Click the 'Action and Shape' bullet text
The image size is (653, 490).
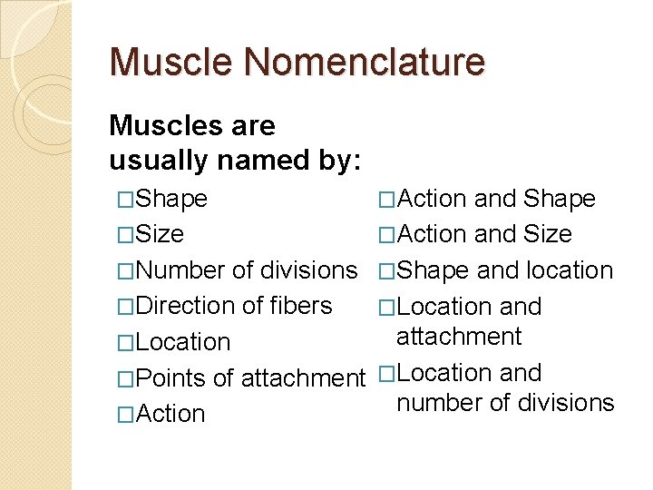[x=496, y=199]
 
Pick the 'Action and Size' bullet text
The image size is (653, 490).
[x=484, y=234]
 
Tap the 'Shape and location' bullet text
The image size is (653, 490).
[x=505, y=270]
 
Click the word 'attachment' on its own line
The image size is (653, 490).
[x=459, y=337]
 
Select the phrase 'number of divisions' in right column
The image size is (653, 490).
[x=505, y=402]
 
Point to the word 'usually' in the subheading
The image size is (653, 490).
[x=160, y=161]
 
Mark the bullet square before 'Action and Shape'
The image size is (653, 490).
[x=387, y=200]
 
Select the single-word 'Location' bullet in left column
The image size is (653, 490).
[x=181, y=342]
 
